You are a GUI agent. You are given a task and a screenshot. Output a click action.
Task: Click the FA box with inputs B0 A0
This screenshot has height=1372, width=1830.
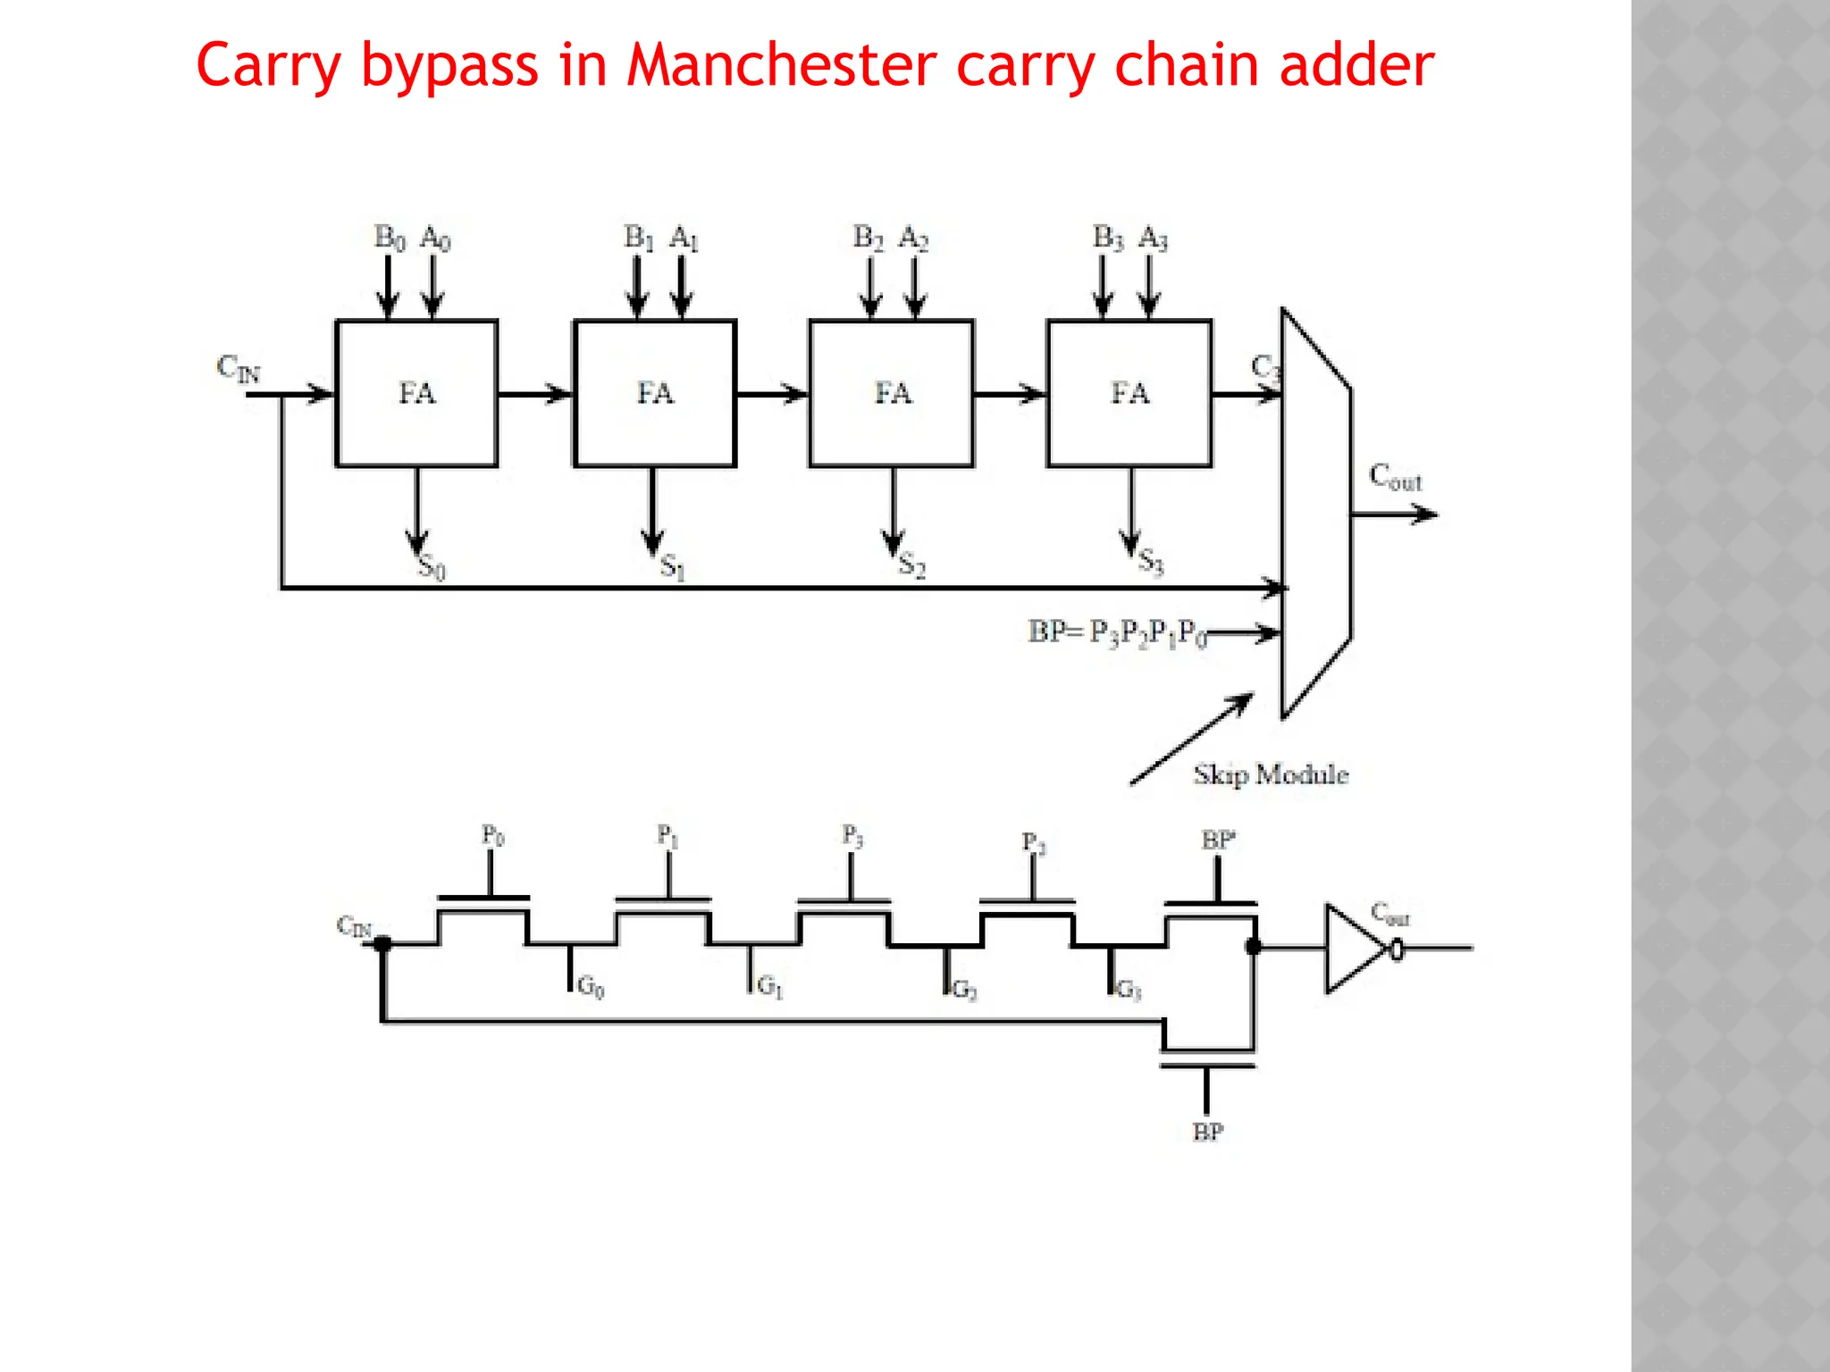416,393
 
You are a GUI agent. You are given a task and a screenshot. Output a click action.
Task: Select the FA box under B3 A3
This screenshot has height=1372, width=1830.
1129,393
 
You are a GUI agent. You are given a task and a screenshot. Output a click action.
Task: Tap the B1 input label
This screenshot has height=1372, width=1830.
638,238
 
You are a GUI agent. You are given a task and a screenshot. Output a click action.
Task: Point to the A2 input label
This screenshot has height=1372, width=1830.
913,238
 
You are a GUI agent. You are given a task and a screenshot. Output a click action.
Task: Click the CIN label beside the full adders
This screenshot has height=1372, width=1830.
238,368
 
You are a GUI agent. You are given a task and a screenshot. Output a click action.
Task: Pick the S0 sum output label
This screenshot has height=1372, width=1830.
432,566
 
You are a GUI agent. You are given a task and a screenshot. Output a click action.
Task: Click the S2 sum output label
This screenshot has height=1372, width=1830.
911,565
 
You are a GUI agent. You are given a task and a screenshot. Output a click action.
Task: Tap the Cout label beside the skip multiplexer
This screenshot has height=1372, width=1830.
1395,478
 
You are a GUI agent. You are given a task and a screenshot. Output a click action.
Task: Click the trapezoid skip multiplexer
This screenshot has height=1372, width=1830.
1315,514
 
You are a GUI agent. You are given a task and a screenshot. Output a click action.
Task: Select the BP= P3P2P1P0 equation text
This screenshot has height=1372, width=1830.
1117,632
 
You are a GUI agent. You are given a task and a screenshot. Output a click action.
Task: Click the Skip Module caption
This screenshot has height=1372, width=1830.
1271,774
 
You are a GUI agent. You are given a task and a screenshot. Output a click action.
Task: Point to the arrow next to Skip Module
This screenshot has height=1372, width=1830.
1190,740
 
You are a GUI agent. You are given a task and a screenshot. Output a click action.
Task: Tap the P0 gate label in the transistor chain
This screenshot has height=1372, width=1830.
492,836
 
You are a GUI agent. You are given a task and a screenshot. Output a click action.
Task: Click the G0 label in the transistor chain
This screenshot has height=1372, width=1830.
590,987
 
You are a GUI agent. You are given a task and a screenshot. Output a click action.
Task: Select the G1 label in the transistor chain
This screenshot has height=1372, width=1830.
769,987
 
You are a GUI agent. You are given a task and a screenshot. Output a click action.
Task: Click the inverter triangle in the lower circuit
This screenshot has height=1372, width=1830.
1353,949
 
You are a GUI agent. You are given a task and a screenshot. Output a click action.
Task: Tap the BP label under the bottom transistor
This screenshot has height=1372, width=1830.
1207,1133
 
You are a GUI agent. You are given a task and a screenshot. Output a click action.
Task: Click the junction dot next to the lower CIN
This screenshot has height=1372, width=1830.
382,944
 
